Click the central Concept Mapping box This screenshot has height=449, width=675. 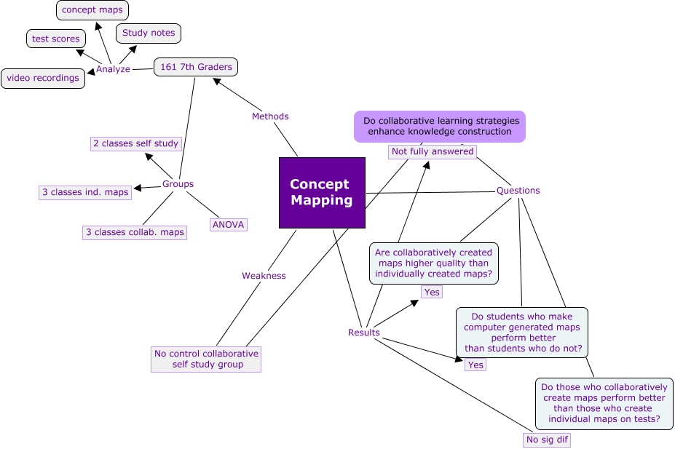(x=322, y=193)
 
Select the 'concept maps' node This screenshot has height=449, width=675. (x=92, y=10)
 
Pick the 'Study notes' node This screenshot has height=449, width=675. (x=149, y=33)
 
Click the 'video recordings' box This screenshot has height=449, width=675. (x=43, y=78)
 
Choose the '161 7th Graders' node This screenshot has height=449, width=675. (x=196, y=67)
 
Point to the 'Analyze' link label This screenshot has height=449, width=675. (x=113, y=69)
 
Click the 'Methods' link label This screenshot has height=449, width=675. (x=270, y=116)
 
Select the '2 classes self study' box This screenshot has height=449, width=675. (x=136, y=143)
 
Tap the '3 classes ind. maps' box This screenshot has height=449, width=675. (x=85, y=192)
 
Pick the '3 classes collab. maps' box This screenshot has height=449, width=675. (x=134, y=232)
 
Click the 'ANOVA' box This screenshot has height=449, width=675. (x=228, y=224)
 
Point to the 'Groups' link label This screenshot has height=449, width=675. (x=178, y=184)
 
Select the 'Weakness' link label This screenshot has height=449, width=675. (x=264, y=276)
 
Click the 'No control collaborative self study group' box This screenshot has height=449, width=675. (x=206, y=359)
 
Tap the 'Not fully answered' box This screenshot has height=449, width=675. (x=433, y=151)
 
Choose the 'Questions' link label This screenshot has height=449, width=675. (x=518, y=191)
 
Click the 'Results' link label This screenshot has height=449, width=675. (x=363, y=333)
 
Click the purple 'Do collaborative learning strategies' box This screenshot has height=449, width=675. (x=439, y=126)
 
